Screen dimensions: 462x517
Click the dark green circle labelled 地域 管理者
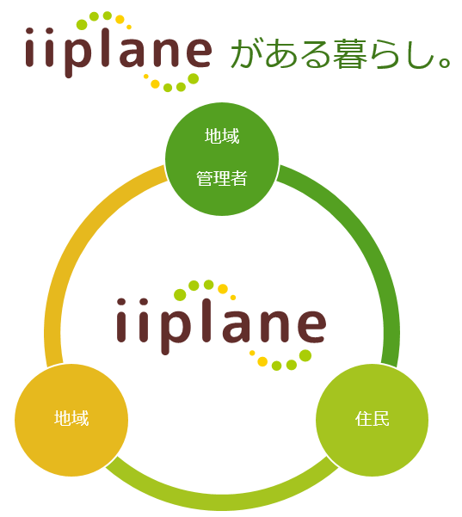pyautogui.click(x=222, y=159)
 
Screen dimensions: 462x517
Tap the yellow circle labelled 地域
pyautogui.click(x=71, y=420)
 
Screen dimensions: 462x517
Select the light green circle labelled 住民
pyautogui.click(x=372, y=420)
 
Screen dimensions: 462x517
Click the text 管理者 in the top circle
pyautogui.click(x=222, y=178)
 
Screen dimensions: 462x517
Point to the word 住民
pyautogui.click(x=372, y=419)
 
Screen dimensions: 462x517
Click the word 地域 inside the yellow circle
pyautogui.click(x=71, y=418)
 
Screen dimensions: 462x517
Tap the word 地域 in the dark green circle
pyautogui.click(x=222, y=136)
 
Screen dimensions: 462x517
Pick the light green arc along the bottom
pyautogui.click(x=222, y=502)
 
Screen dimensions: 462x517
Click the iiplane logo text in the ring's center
pyautogui.click(x=222, y=326)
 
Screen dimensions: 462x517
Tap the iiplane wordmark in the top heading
pyautogui.click(x=118, y=52)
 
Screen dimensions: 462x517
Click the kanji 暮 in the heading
pyautogui.click(x=349, y=53)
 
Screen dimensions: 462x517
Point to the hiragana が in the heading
pyautogui.click(x=247, y=53)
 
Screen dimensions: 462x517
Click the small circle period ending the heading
pyautogui.click(x=445, y=63)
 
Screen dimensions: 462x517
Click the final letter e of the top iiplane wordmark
pyautogui.click(x=198, y=52)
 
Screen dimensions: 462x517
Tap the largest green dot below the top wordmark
pyautogui.click(x=194, y=78)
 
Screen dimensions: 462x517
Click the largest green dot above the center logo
pyautogui.click(x=180, y=295)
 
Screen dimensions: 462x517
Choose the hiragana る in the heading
pyautogui.click(x=315, y=53)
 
